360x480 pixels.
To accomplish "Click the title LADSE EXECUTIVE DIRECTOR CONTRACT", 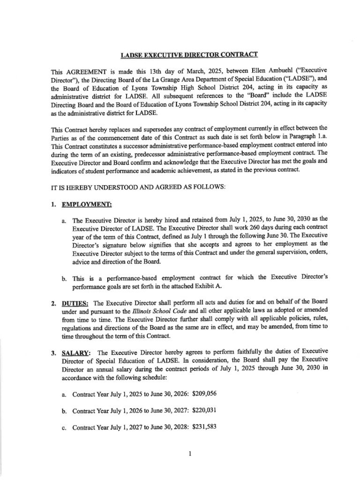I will coord(189,55).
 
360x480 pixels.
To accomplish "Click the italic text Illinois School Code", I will coord(155,310).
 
